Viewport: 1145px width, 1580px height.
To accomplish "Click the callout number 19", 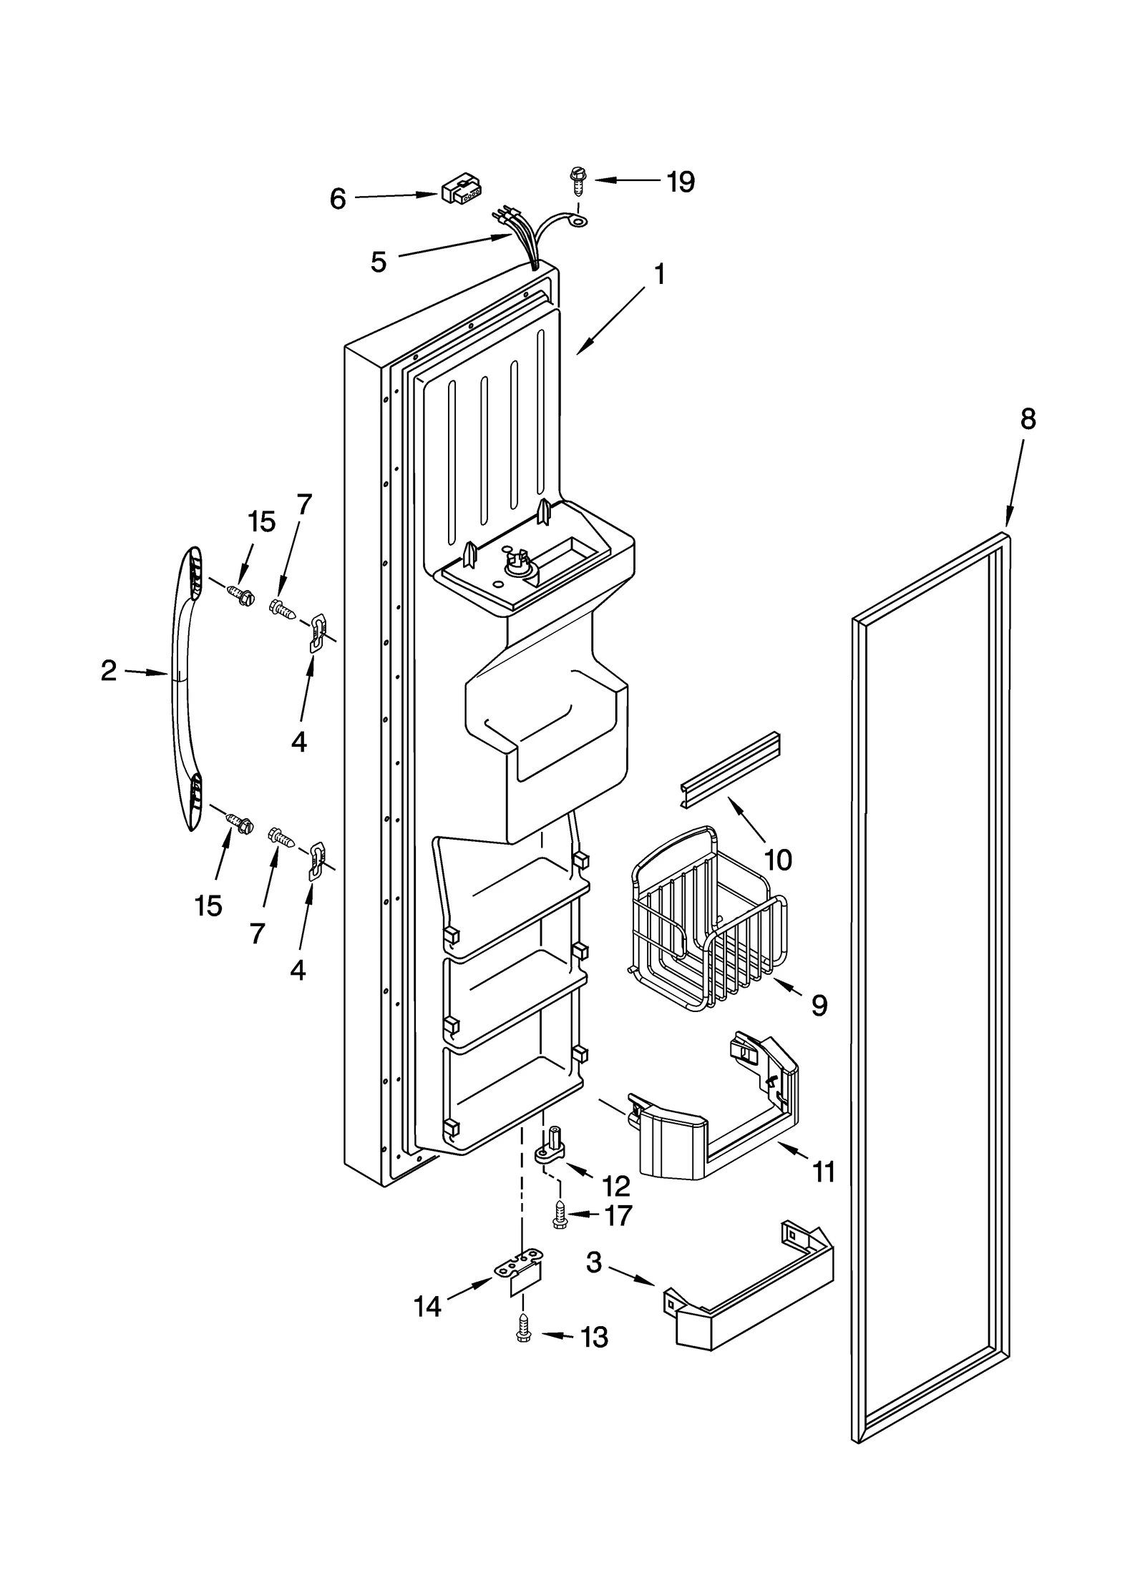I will (680, 182).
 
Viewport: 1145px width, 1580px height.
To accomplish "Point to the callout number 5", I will (379, 262).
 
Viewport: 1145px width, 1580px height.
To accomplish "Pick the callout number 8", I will (1027, 419).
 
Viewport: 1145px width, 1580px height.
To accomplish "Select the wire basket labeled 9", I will (705, 923).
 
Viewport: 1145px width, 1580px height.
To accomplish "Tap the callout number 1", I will (659, 274).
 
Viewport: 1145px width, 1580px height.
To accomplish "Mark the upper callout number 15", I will (261, 522).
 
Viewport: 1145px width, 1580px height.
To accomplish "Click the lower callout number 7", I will (257, 933).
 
